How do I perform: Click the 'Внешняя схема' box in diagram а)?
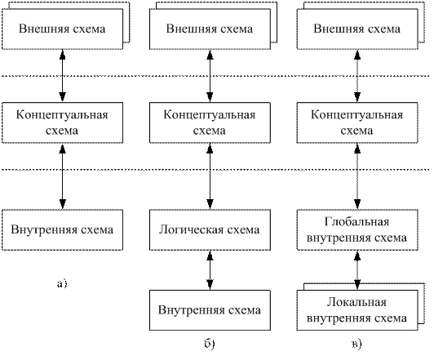pyautogui.click(x=62, y=29)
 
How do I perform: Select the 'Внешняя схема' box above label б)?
pyautogui.click(x=210, y=29)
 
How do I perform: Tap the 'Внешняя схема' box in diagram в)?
pyautogui.click(x=357, y=29)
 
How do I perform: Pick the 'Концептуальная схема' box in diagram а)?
pyautogui.click(x=62, y=122)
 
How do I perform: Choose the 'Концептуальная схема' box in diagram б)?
pyautogui.click(x=210, y=122)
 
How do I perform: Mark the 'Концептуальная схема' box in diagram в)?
pyautogui.click(x=357, y=122)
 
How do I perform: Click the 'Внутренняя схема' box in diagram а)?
pyautogui.click(x=62, y=230)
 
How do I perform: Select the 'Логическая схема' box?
pyautogui.click(x=210, y=230)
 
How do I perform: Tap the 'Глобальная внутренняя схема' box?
pyautogui.click(x=357, y=230)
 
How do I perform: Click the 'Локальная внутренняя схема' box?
pyautogui.click(x=357, y=310)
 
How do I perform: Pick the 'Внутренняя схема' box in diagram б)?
pyautogui.click(x=210, y=310)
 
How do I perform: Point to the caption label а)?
pyautogui.click(x=62, y=283)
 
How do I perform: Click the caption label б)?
pyautogui.click(x=210, y=344)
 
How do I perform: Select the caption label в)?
pyautogui.click(x=357, y=344)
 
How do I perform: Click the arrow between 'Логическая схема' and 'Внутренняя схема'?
pyautogui.click(x=210, y=270)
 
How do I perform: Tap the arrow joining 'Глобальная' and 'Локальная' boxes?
pyautogui.click(x=357, y=270)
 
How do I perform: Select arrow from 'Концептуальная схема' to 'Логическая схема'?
pyautogui.click(x=210, y=176)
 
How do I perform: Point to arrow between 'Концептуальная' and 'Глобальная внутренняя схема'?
pyautogui.click(x=357, y=176)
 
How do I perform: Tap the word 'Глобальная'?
pyautogui.click(x=357, y=222)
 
